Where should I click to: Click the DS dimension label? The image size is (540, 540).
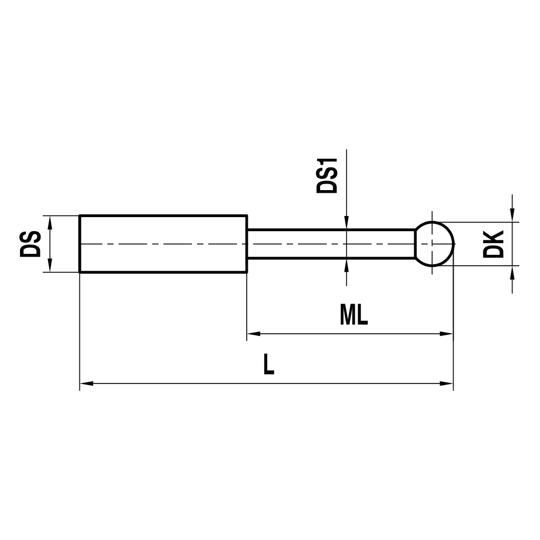(31, 244)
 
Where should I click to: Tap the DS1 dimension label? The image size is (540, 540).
(327, 176)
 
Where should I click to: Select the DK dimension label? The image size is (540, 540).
(494, 244)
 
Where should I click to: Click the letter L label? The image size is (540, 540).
(268, 364)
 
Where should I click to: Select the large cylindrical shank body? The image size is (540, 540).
(163, 244)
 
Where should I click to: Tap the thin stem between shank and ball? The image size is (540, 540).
(329, 244)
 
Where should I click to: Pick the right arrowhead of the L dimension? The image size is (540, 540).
(447, 384)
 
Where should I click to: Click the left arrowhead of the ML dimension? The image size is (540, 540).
(253, 334)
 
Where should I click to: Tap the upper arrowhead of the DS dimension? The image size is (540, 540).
(50, 222)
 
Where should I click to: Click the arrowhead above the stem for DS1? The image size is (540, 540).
(346, 224)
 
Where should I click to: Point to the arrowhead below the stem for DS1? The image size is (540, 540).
(346, 265)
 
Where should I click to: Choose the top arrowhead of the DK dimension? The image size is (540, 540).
(512, 215)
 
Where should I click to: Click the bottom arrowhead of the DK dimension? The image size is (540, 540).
(512, 272)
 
